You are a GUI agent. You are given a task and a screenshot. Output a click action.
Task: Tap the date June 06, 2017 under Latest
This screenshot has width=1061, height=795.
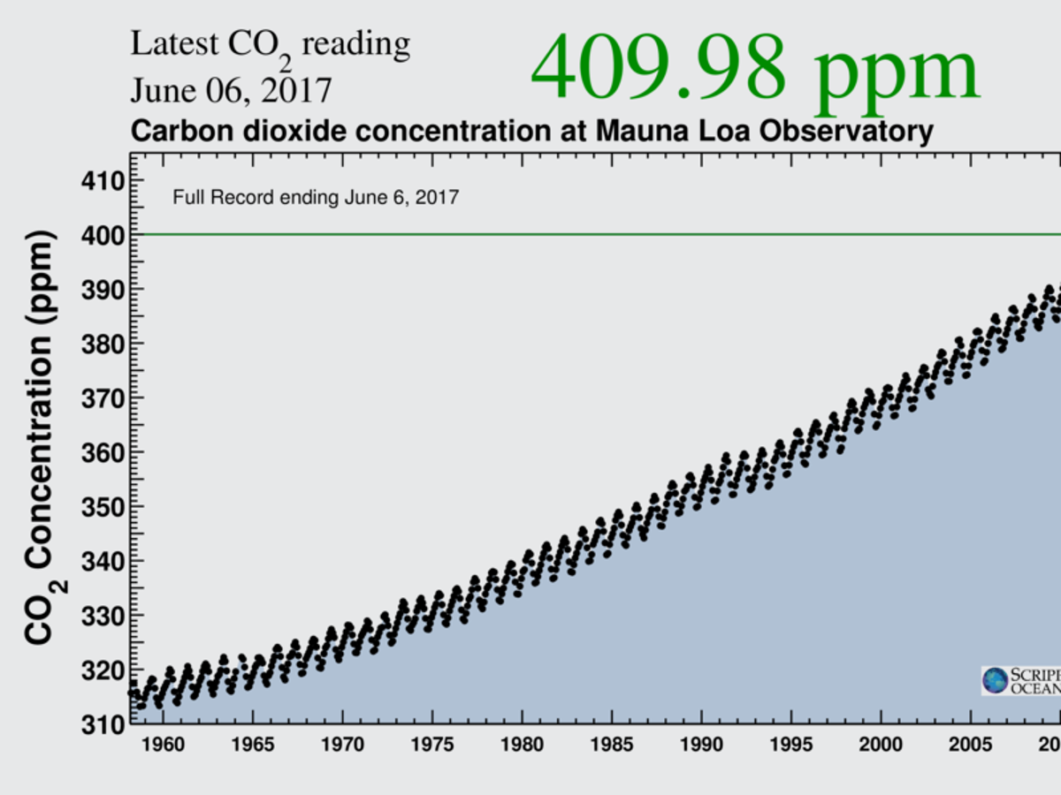pyautogui.click(x=232, y=90)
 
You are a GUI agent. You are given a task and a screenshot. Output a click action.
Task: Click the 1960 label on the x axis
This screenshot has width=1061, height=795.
pyautogui.click(x=162, y=746)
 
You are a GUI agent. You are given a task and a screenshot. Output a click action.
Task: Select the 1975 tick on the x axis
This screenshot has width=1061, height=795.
pyautogui.click(x=433, y=746)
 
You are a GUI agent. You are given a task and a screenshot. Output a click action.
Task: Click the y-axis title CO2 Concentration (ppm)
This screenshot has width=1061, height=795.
pyautogui.click(x=42, y=437)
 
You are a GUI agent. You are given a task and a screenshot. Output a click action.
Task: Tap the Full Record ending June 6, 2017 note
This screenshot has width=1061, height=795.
pyautogui.click(x=316, y=198)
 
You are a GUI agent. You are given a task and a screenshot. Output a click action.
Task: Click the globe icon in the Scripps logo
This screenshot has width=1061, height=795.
pyautogui.click(x=996, y=680)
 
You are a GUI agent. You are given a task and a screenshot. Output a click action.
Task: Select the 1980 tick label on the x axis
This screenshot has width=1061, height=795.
pyautogui.click(x=523, y=746)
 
